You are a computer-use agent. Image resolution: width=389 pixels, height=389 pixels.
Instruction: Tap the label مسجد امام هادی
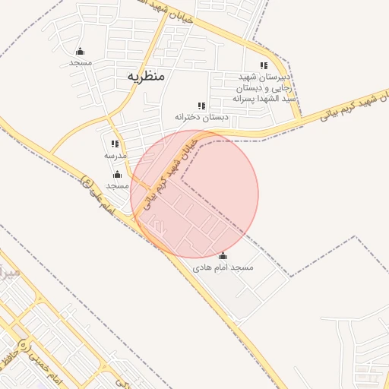pyautogui.click(x=223, y=268)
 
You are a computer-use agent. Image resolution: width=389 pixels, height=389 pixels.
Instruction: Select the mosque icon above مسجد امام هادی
pyautogui.click(x=223, y=256)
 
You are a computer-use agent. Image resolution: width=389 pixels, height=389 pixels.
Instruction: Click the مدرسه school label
pyautogui.click(x=115, y=155)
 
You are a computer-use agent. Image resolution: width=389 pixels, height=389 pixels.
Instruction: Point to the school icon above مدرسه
pyautogui.click(x=115, y=144)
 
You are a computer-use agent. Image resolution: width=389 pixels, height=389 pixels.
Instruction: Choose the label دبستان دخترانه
pyautogui.click(x=201, y=117)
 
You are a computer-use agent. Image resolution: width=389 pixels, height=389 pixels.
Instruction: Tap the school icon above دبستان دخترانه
pyautogui.click(x=201, y=106)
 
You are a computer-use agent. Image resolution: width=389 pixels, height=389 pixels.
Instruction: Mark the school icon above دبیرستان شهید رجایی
pyautogui.click(x=264, y=66)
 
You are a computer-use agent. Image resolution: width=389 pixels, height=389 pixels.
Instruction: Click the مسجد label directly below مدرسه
pyautogui.click(x=117, y=185)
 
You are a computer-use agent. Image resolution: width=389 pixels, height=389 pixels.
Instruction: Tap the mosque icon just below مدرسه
pyautogui.click(x=117, y=175)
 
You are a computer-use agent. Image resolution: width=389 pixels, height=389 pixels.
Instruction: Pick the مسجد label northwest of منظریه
pyautogui.click(x=80, y=62)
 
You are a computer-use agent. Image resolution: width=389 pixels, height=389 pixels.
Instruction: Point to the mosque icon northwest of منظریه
pyautogui.click(x=80, y=52)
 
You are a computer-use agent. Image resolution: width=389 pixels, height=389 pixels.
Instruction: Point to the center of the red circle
pyautogui.click(x=194, y=194)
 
